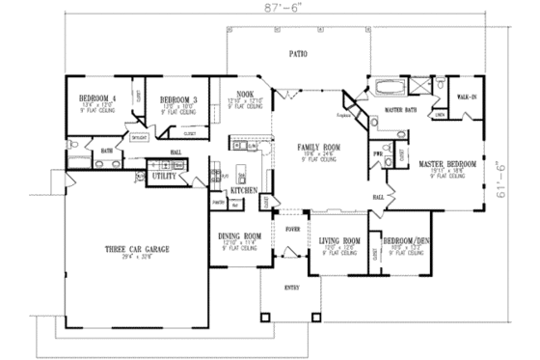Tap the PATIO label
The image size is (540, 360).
(299, 57)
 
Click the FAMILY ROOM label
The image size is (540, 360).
(313, 146)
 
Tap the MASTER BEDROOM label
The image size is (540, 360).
(445, 165)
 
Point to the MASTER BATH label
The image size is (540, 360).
(399, 112)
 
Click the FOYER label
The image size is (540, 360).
(290, 229)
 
